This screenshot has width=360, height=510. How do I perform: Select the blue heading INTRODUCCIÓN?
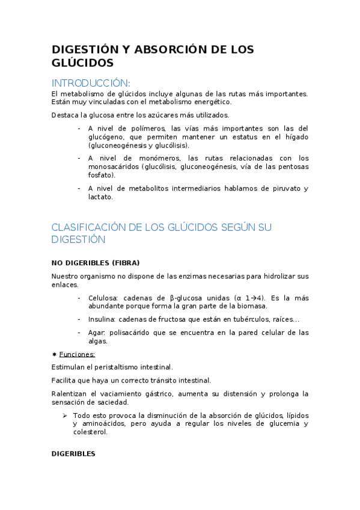point(90,82)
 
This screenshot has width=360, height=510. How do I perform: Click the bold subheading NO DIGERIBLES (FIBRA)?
point(96,263)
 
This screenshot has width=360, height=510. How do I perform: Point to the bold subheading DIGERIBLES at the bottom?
point(73,454)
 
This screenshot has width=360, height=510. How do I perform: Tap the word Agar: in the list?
point(97,333)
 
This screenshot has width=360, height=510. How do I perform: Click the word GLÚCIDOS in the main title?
point(82,63)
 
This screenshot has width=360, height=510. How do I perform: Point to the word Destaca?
point(64,115)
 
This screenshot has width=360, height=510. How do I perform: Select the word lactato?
point(100,197)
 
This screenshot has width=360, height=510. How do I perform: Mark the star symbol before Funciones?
point(54,354)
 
